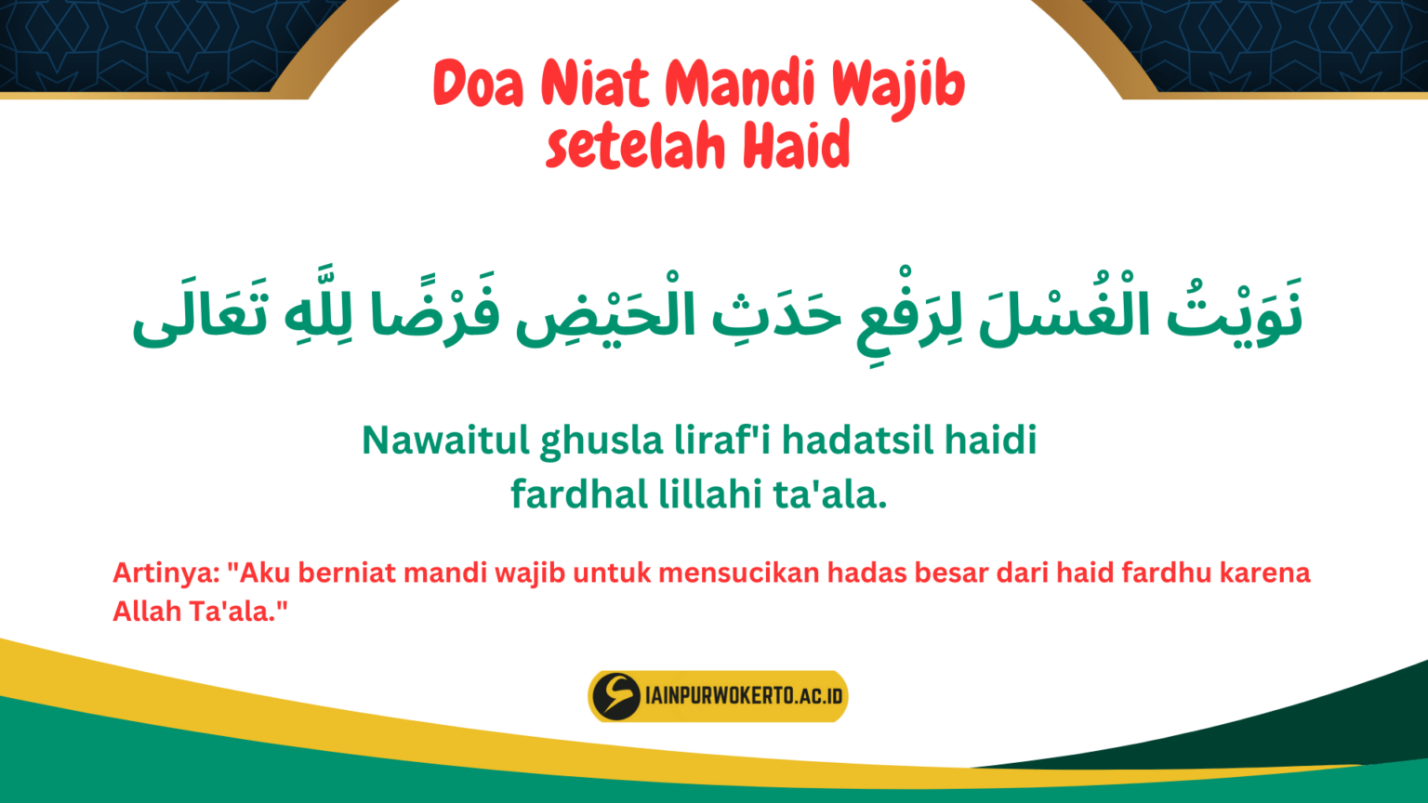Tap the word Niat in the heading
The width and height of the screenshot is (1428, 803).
(x=595, y=84)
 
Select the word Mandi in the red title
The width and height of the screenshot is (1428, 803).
(x=740, y=84)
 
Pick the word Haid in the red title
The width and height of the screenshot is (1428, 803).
(x=798, y=147)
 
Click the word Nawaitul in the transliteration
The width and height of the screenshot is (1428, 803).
(x=445, y=441)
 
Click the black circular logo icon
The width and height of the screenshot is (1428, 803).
(x=615, y=696)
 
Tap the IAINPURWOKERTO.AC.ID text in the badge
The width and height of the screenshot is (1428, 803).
(x=744, y=696)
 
